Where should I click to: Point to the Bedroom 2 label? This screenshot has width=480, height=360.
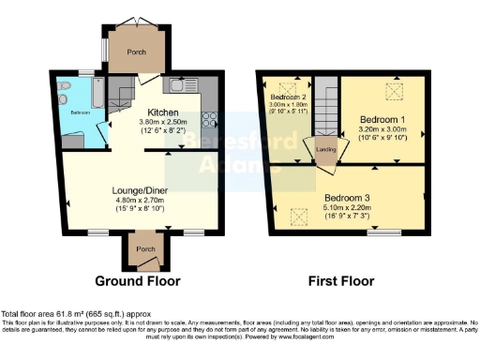pyautogui.click(x=289, y=97)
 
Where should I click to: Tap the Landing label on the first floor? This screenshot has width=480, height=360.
pyautogui.click(x=324, y=148)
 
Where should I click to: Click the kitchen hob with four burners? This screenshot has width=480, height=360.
pyautogui.click(x=208, y=121)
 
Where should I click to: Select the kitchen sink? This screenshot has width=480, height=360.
pyautogui.click(x=181, y=85)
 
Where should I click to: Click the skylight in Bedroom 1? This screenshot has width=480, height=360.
pyautogui.click(x=394, y=93)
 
